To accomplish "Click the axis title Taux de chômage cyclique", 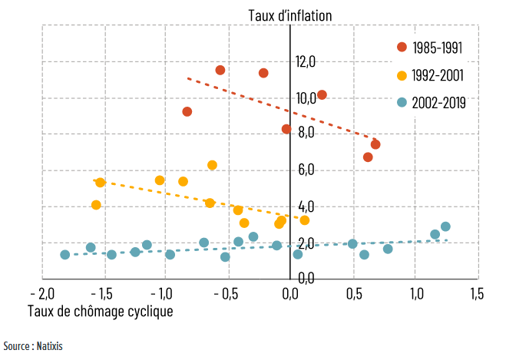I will [100, 311].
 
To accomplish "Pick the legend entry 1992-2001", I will [435, 74].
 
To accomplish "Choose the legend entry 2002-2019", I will [435, 101].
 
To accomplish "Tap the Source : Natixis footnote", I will [32, 346].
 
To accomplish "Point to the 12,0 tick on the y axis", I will [306, 62].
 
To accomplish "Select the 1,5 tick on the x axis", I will [475, 295].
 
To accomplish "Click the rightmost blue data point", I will [445, 226].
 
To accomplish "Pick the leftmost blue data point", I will [65, 255].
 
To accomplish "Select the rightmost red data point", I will [375, 144].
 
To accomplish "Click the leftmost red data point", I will [187, 111].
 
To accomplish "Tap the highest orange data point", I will [212, 165].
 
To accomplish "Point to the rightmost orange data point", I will [305, 220].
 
